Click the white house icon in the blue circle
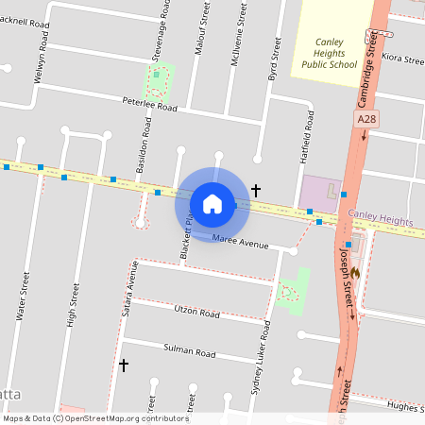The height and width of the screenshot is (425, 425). [212, 203]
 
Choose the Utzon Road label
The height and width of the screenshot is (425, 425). [196, 312]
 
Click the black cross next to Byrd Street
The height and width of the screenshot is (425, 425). [255, 190]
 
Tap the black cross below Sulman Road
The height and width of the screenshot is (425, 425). [123, 365]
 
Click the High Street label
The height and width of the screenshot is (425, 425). [71, 305]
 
